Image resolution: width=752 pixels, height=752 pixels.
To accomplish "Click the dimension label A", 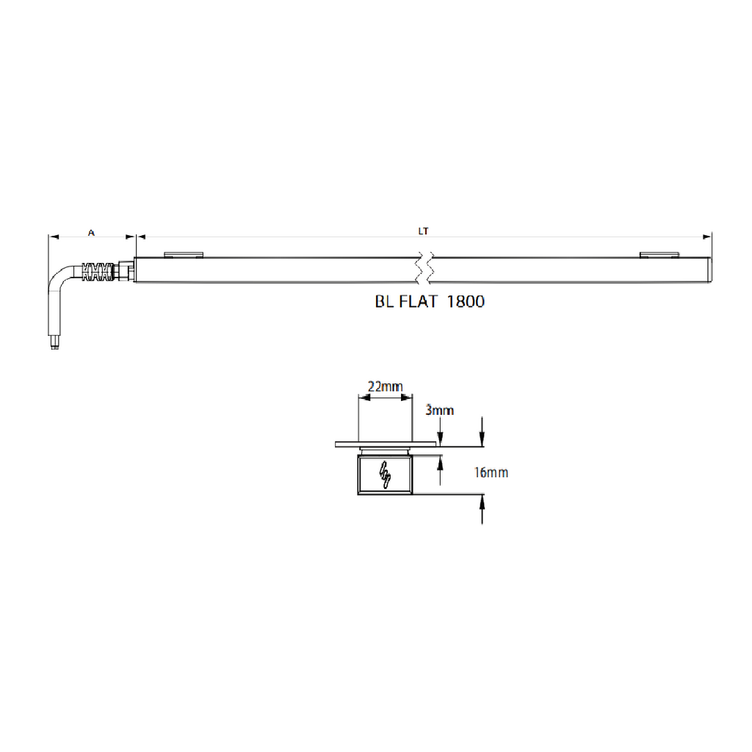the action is [91, 233].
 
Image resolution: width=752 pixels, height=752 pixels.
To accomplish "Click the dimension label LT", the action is [423, 231].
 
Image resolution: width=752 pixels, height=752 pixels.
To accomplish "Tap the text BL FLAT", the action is [406, 302].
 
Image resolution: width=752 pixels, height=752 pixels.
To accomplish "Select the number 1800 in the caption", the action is [466, 302].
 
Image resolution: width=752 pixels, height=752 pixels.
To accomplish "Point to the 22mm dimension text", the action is [385, 386].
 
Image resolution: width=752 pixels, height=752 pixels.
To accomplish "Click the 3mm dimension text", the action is [439, 410].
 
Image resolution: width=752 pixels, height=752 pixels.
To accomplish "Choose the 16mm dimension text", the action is [491, 472].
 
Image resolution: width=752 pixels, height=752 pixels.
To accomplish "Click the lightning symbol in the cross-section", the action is [385, 474].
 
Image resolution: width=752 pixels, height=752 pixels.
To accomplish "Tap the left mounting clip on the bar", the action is [184, 255].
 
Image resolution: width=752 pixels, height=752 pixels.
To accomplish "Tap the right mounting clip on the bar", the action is [659, 255].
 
